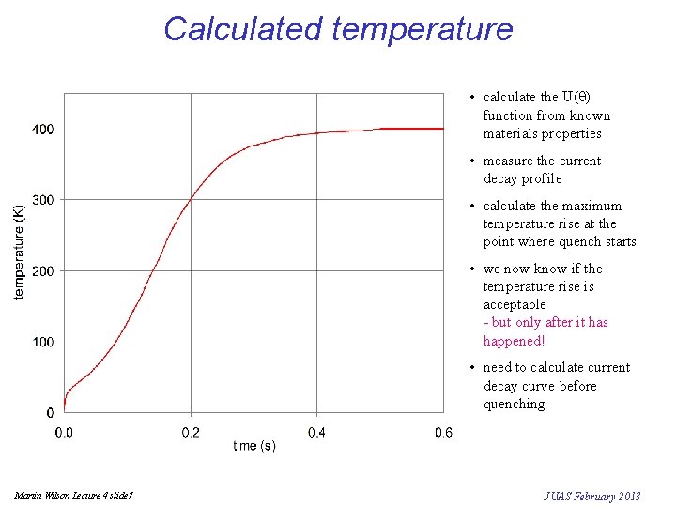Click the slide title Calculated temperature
[338, 28]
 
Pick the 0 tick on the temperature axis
[48, 413]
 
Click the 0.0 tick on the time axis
[64, 432]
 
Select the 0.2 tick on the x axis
[191, 432]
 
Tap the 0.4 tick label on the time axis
[317, 432]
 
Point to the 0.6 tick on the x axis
[443, 432]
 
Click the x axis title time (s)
[253, 446]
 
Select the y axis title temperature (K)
[20, 253]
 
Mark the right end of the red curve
[443, 129]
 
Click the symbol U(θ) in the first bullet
[576, 97]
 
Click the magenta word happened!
[514, 341]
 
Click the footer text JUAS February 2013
[591, 496]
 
